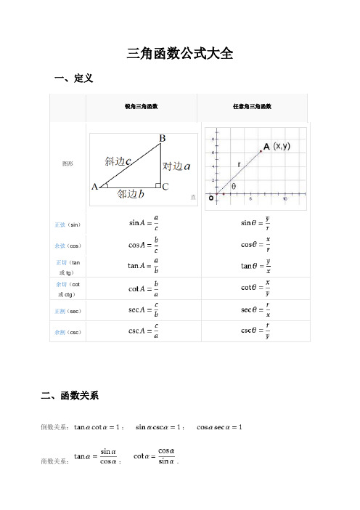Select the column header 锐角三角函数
142,107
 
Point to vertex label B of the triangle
163,138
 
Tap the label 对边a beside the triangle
177,166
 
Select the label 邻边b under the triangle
131,194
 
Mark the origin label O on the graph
210,196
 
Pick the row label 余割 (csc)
67,332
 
